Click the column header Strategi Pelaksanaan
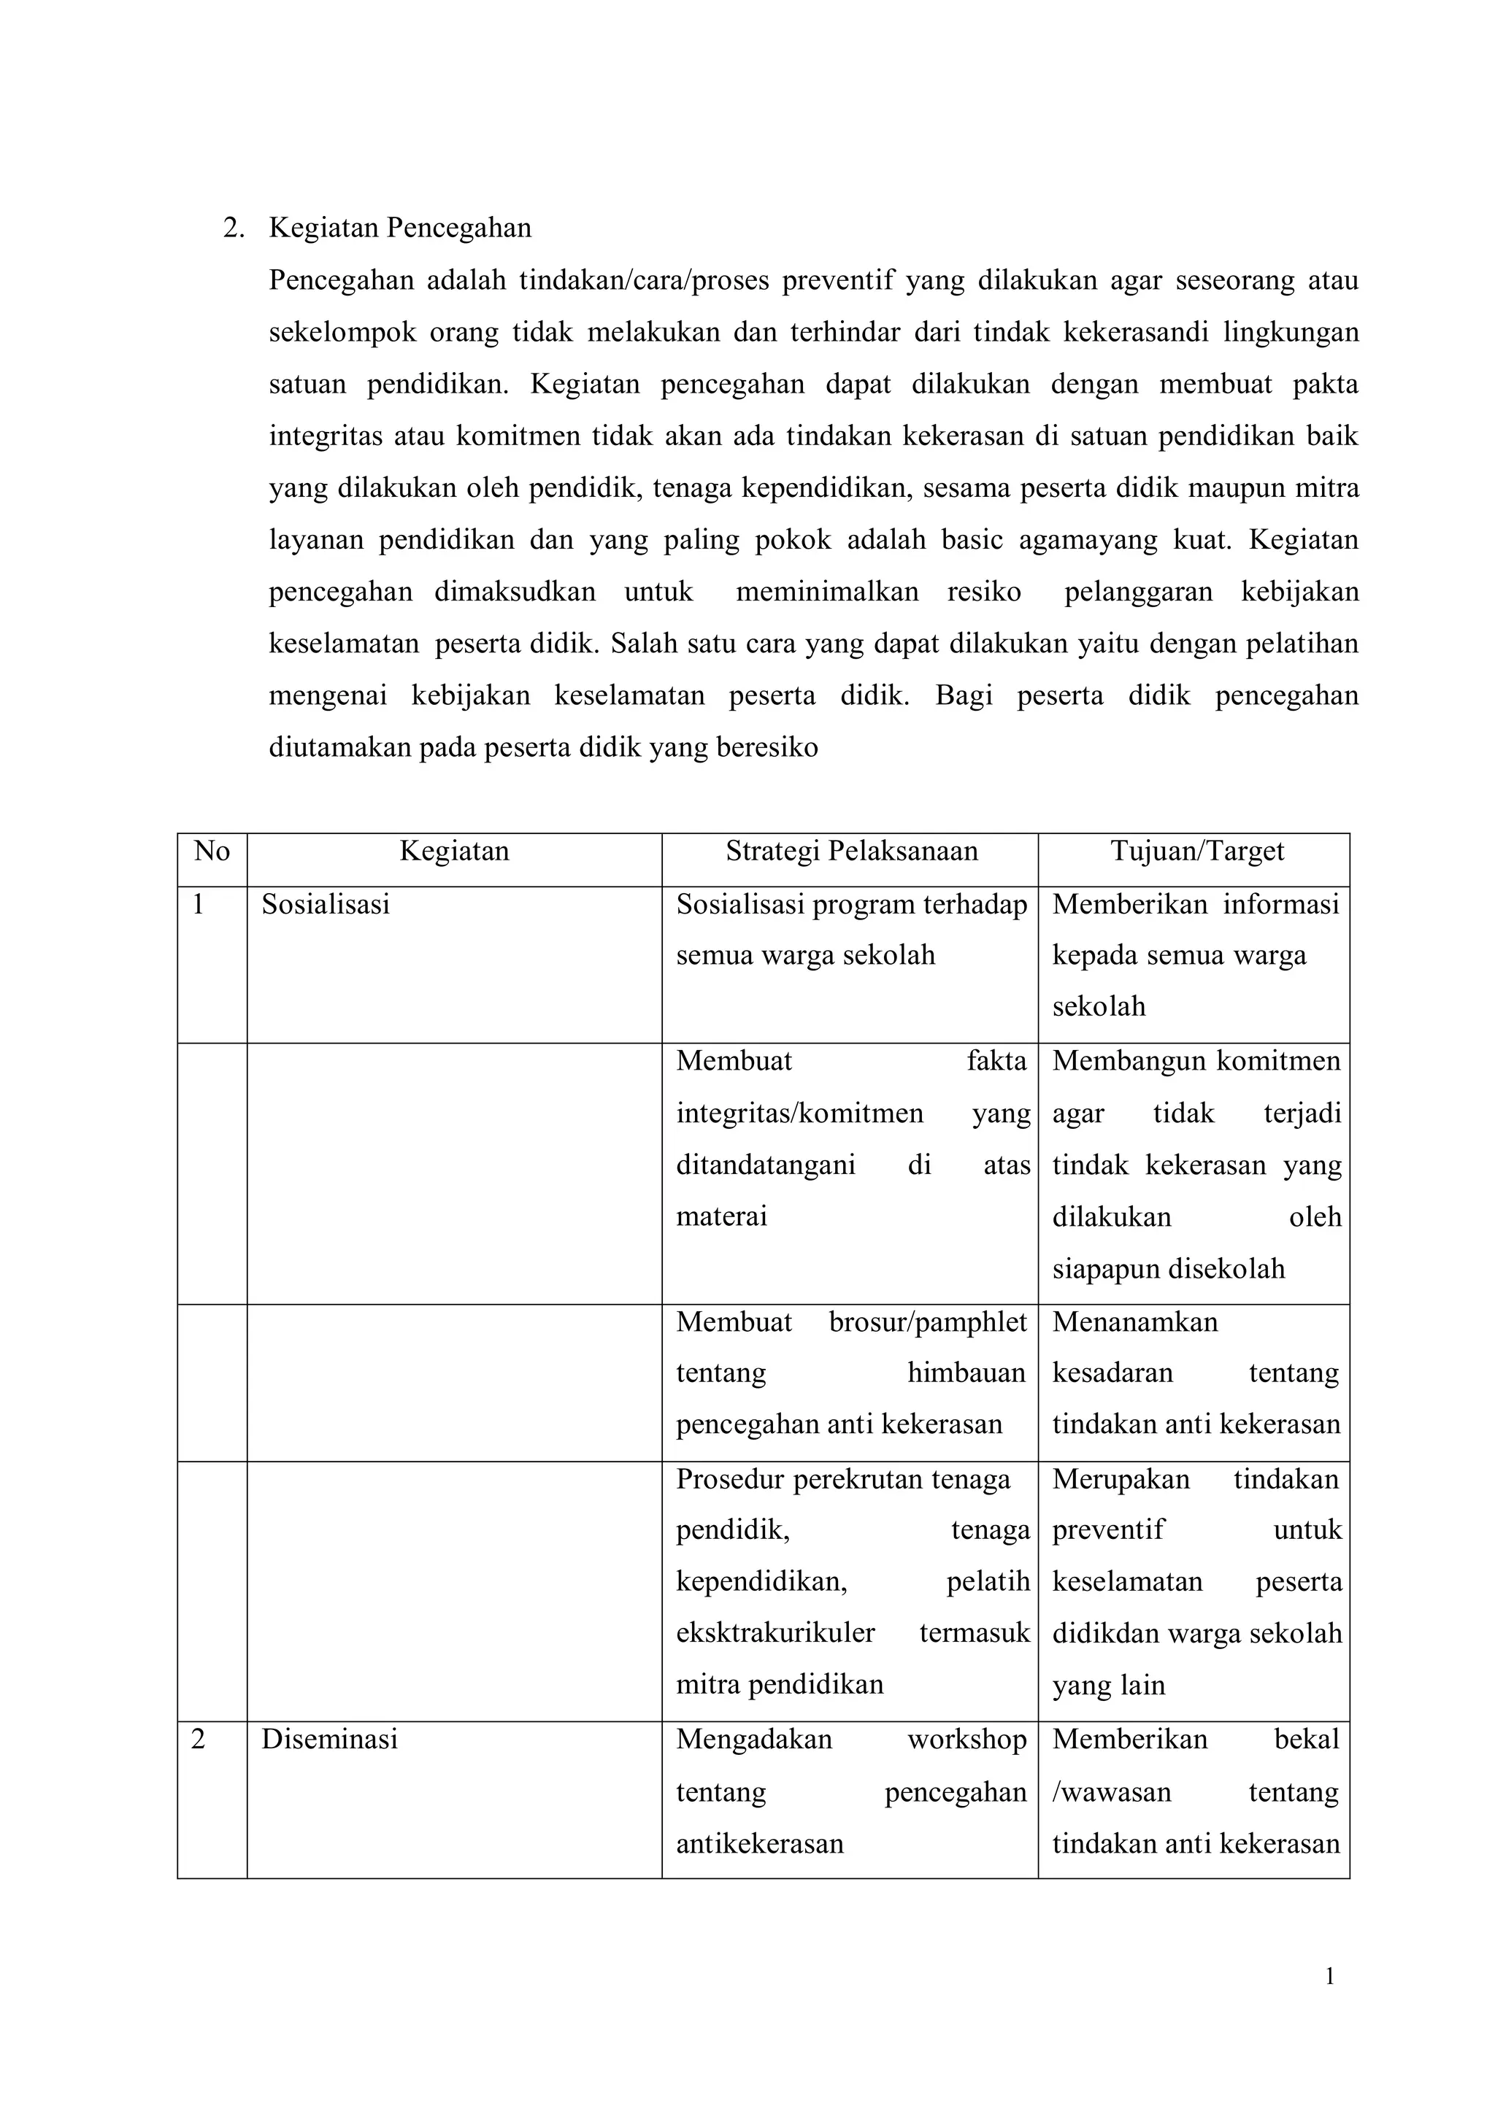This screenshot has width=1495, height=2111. coord(852,852)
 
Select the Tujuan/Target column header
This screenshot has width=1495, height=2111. coord(1196,852)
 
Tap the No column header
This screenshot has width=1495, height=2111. coord(212,852)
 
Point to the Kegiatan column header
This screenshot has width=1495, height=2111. coord(454,852)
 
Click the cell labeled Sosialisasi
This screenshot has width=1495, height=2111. coord(326,905)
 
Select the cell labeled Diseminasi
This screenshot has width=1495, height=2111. coord(329,1740)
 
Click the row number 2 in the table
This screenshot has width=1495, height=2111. coord(198,1740)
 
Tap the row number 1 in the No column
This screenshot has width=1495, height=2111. coord(198,905)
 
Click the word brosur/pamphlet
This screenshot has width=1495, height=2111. coord(927,1322)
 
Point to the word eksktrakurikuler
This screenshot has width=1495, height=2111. coord(775,1633)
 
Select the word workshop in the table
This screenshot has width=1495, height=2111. coord(966,1740)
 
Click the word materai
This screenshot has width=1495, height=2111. coord(722,1216)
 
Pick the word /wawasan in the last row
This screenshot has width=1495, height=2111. coord(1111,1791)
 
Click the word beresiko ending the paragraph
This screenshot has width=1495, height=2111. coord(772,747)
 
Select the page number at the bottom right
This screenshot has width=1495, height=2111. coord(1329,1976)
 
